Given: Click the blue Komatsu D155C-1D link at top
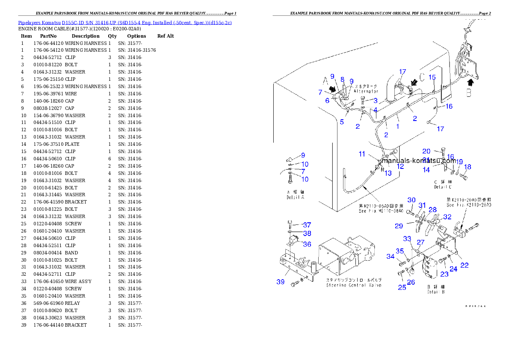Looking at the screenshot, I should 125,22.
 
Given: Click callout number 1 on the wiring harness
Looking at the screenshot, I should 397,127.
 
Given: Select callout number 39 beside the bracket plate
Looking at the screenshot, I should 281,282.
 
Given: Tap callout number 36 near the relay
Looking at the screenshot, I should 307,244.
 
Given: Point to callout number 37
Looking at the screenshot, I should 307,225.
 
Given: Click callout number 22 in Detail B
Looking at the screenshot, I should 465,265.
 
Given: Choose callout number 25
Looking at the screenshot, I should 402,287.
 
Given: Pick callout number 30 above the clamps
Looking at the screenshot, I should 411,200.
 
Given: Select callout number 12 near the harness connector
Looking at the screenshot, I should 400,167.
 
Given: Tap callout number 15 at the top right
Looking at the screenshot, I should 432,77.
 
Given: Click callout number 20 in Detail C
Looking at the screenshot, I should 426,151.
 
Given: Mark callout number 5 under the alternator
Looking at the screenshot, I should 342,122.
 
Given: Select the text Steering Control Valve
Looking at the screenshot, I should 354,285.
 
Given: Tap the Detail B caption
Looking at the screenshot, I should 436,292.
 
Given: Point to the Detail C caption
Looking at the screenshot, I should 442,187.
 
